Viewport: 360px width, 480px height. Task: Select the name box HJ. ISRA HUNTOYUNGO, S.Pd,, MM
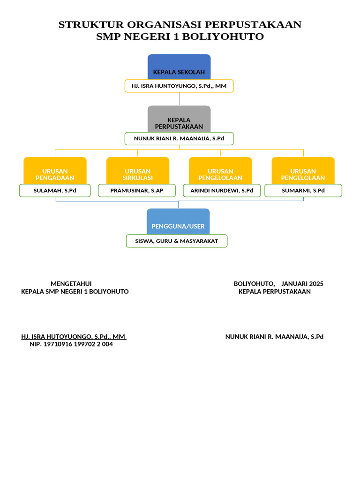[179, 86]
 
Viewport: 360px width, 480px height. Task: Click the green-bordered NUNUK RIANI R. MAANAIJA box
[179, 139]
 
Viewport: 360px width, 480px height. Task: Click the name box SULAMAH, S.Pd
[55, 191]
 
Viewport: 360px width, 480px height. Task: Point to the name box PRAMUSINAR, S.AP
[137, 191]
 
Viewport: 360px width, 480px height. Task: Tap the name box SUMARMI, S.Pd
[303, 191]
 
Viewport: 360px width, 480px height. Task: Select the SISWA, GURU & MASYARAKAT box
[177, 241]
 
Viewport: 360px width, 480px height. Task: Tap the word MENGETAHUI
[71, 284]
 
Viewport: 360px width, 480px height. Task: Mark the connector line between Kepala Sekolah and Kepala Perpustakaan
[179, 99]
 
